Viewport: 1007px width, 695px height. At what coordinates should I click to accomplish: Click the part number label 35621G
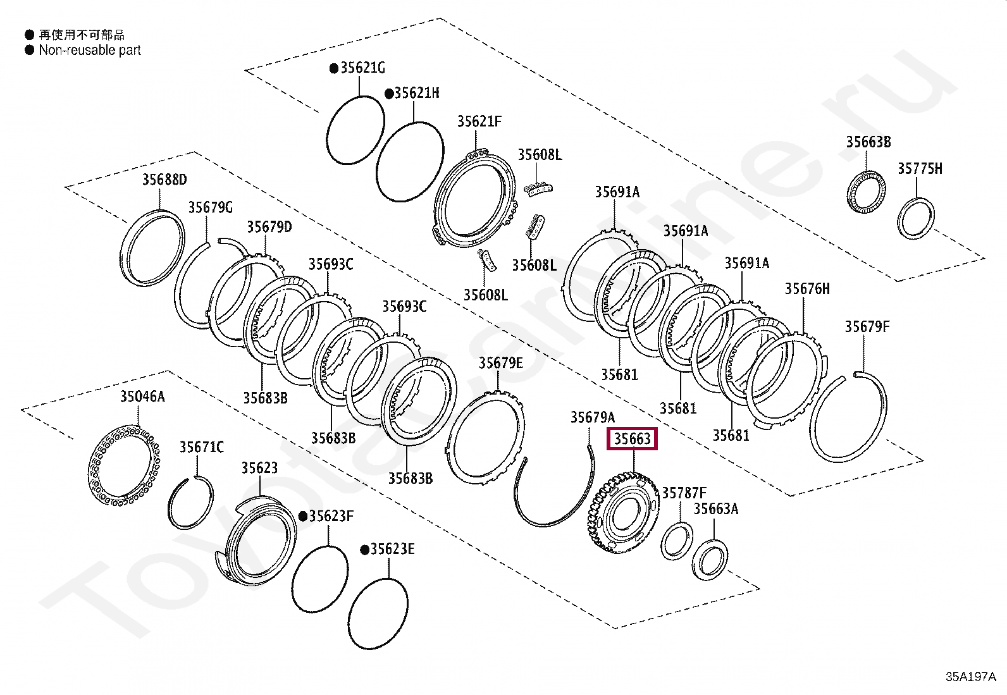362,68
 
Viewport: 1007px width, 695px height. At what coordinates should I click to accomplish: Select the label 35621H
416,94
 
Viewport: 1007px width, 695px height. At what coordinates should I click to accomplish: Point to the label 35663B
868,142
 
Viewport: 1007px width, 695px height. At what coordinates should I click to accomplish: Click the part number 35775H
920,169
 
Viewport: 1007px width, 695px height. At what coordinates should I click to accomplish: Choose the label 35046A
142,397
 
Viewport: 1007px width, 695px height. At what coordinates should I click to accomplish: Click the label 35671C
201,448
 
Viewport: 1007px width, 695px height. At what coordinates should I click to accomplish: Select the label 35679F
867,327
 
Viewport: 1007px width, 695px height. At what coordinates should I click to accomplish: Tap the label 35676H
807,289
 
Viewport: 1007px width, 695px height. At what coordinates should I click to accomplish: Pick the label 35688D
164,180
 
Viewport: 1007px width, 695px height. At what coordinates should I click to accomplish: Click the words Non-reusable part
90,51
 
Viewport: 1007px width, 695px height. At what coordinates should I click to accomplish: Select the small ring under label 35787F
676,541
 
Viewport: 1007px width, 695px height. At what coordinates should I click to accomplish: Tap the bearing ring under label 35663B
866,192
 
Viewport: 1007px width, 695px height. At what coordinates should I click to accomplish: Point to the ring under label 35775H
916,219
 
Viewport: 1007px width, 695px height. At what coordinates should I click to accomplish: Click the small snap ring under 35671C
190,503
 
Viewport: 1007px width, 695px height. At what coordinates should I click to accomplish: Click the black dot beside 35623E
364,550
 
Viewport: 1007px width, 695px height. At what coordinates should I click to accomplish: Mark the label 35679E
500,363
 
